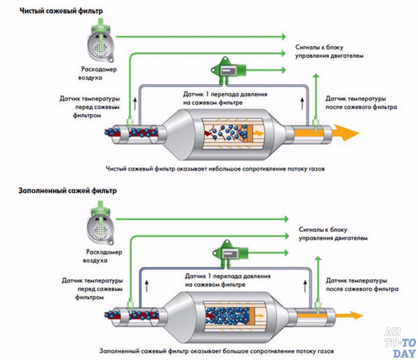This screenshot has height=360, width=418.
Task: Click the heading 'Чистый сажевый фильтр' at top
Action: pyautogui.click(x=61, y=11)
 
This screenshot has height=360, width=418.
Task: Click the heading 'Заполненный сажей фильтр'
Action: pyautogui.click(x=68, y=191)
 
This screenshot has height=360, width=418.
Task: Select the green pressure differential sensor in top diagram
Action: pyautogui.click(x=228, y=71)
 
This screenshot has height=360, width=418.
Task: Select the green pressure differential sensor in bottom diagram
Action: pyautogui.click(x=230, y=254)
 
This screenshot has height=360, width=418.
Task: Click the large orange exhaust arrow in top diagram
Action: pyautogui.click(x=346, y=133)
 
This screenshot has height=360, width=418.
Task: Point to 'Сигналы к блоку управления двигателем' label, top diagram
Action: pyautogui.click(x=329, y=51)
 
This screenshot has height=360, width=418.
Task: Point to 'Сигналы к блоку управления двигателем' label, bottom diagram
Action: pyautogui.click(x=333, y=234)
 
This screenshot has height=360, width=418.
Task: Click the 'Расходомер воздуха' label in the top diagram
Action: pyautogui.click(x=98, y=73)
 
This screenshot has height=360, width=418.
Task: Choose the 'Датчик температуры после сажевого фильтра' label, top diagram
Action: pyautogui.click(x=361, y=103)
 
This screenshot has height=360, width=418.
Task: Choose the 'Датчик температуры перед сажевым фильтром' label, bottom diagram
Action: pyautogui.click(x=92, y=289)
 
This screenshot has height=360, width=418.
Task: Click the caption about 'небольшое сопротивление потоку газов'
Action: pyautogui.click(x=215, y=169)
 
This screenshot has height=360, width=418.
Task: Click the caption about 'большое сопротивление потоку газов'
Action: pyautogui.click(x=217, y=351)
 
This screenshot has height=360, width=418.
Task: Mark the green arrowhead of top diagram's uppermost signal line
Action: pyautogui.click(x=284, y=37)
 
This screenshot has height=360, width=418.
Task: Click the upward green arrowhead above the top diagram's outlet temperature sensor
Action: pyautogui.click(x=316, y=76)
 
